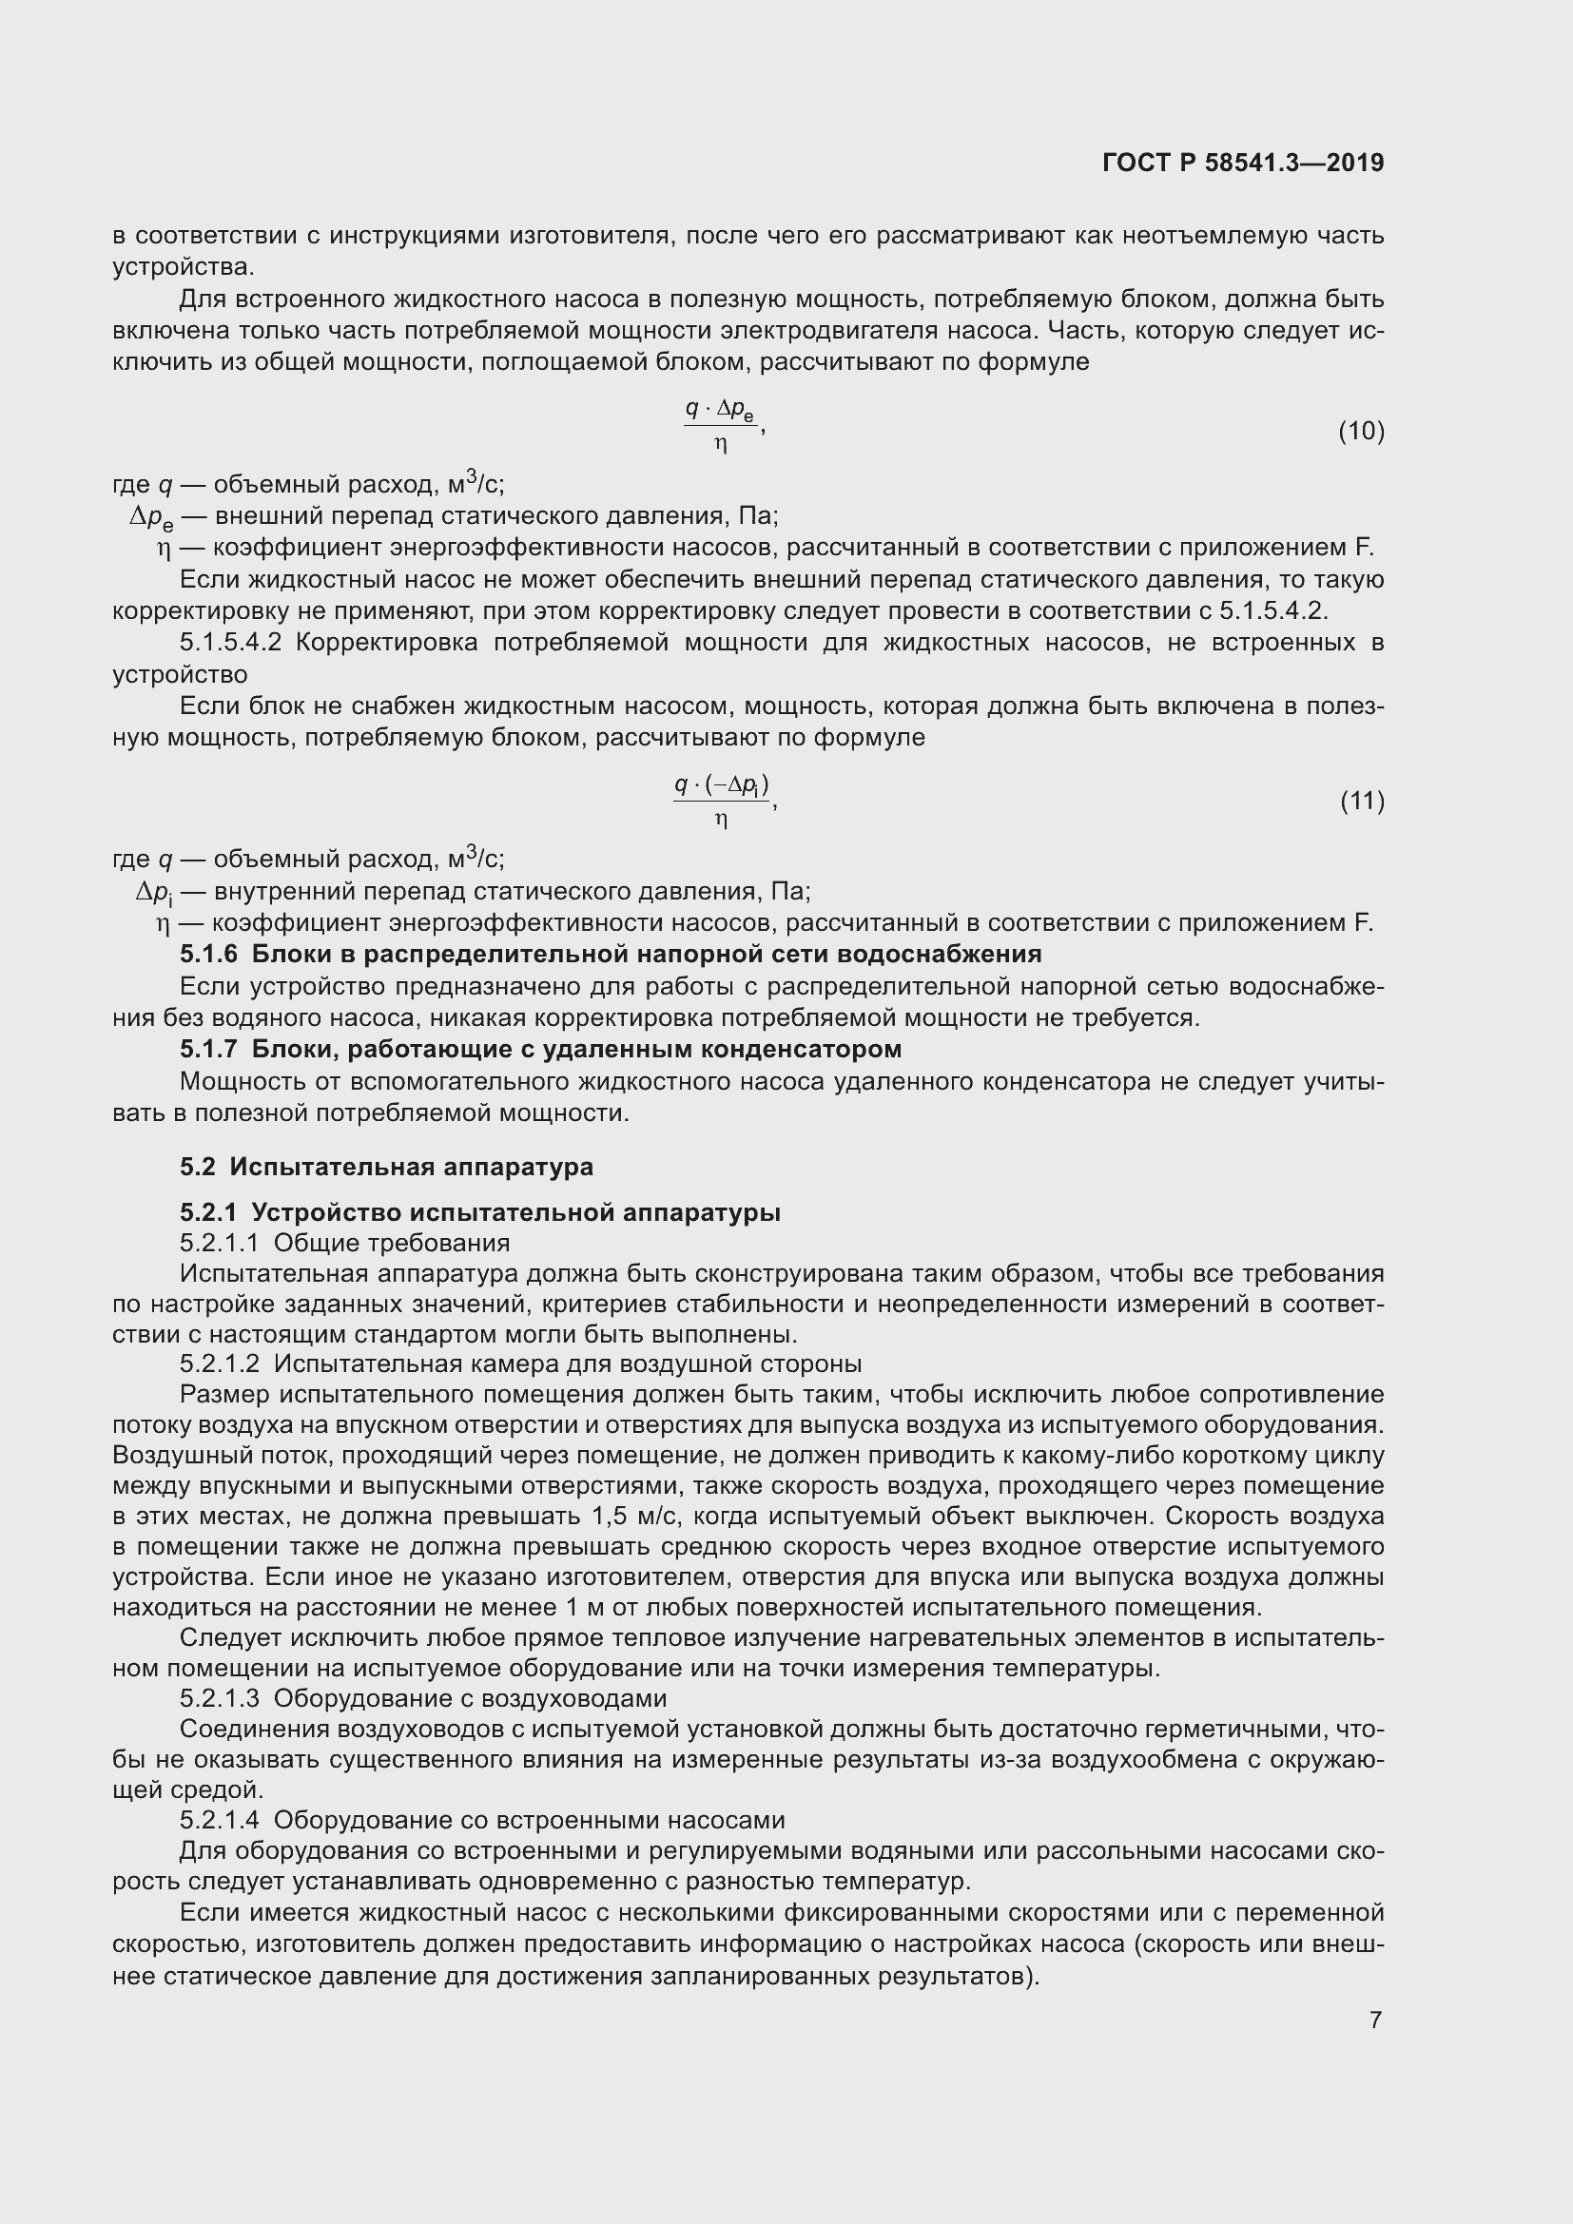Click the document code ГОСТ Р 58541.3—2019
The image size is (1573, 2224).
[1243, 163]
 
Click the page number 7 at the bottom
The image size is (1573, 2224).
[1375, 2020]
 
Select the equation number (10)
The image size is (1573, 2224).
[1361, 431]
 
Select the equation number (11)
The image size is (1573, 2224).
[1362, 801]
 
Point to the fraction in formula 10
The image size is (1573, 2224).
[721, 426]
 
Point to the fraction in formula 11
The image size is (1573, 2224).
[722, 800]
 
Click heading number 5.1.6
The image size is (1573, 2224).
[208, 954]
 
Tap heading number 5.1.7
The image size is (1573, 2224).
[208, 1049]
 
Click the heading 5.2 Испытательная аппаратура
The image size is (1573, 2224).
[385, 1167]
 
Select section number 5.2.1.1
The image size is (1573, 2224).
[219, 1243]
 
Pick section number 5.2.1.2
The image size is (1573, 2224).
[219, 1363]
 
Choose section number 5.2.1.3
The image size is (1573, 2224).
[219, 1698]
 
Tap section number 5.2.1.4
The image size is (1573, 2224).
[219, 1820]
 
